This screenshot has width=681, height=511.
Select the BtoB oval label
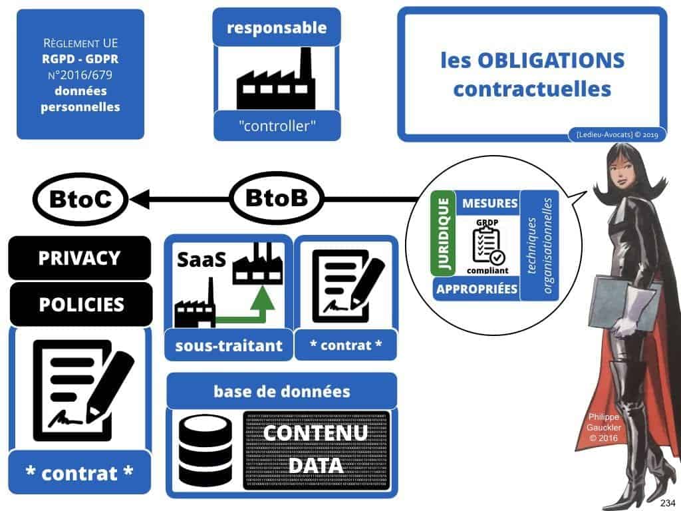point(277,198)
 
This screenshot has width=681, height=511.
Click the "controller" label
point(277,125)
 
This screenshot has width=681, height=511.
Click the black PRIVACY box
point(79,258)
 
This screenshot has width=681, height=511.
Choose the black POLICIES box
point(80,304)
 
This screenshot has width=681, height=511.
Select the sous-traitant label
point(228,345)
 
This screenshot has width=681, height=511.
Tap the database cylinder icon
point(205,453)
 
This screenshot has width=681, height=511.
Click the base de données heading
point(281,391)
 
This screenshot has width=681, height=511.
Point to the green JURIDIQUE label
point(442,233)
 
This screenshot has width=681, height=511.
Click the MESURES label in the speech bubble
point(489,203)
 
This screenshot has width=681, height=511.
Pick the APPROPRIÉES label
point(476,288)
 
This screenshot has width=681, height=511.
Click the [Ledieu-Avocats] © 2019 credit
point(614,135)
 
